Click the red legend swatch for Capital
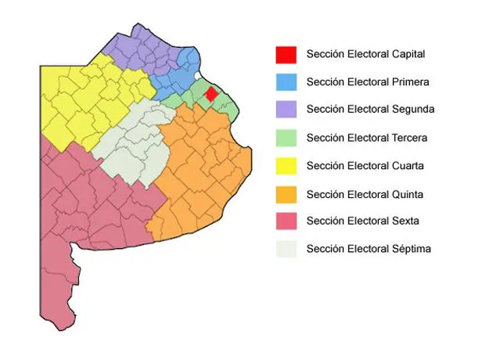tap(286, 55)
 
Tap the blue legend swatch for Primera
tap(286, 82)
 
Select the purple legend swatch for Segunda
tap(286, 110)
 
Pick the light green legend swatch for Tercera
tap(286, 138)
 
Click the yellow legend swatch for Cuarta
tap(286, 166)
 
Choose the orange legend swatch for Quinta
tap(286, 194)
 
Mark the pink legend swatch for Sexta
tap(286, 221)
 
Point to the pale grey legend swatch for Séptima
tap(286, 250)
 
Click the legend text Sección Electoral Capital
tap(366, 54)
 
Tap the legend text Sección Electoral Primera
tap(368, 81)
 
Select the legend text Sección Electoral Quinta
tap(365, 194)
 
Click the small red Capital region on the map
tap(211, 94)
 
